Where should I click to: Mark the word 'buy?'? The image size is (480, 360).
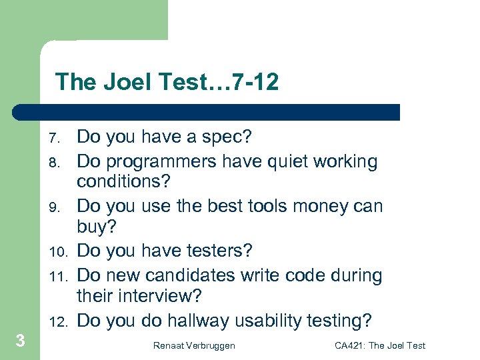point(97,227)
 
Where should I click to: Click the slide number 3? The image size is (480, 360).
point(21,341)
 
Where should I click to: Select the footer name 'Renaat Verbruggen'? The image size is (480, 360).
point(193,345)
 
